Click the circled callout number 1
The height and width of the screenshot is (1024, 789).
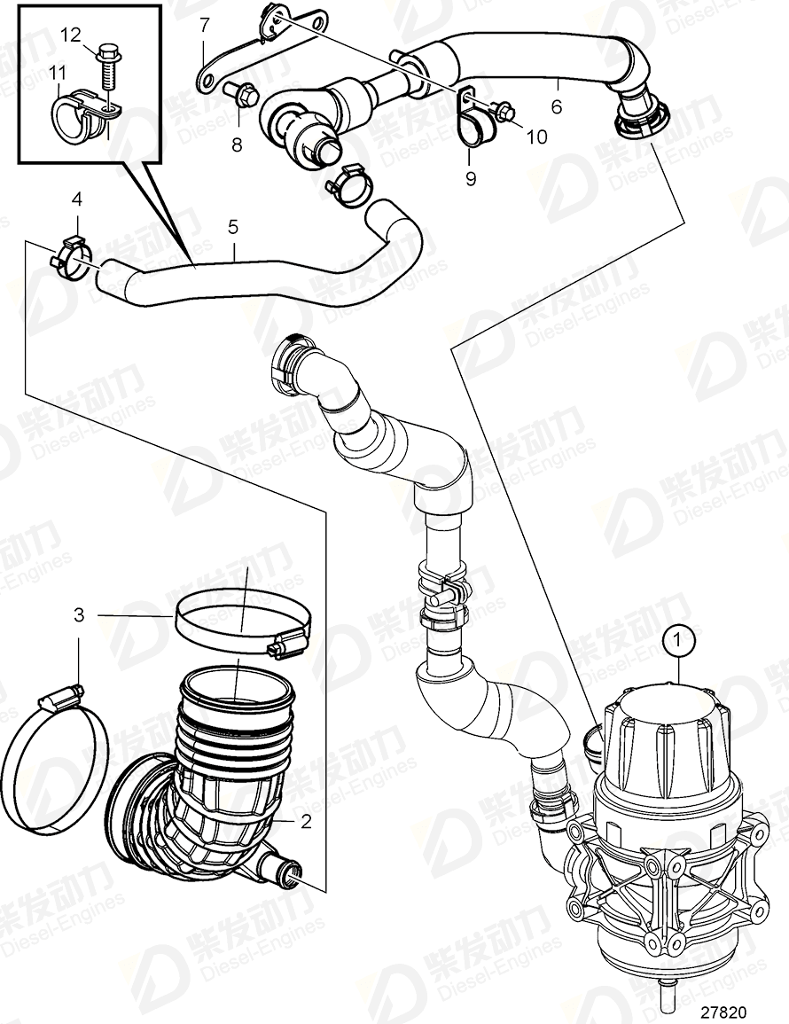[680, 638]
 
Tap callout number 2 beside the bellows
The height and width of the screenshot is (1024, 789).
[306, 822]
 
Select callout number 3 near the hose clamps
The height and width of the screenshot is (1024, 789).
[79, 614]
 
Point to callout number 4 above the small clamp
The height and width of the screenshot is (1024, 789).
[77, 199]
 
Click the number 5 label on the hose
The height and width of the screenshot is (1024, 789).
[232, 227]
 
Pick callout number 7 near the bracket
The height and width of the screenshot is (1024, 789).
[204, 22]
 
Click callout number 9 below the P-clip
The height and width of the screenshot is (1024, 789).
[471, 179]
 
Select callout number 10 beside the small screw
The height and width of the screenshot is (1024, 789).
[538, 137]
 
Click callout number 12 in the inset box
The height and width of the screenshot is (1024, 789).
[70, 35]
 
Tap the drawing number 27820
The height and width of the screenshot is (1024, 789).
[723, 1011]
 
